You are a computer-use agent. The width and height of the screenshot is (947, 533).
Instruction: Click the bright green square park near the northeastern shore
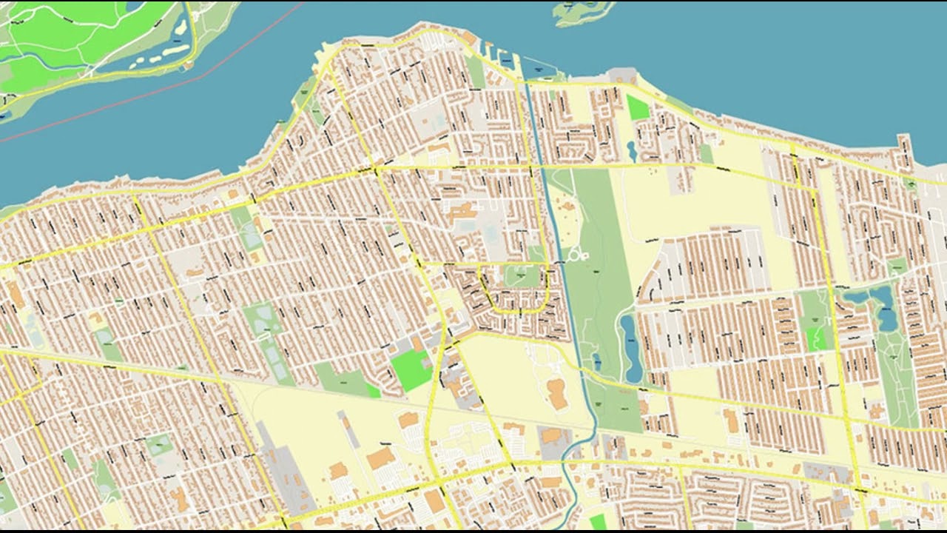(637, 107)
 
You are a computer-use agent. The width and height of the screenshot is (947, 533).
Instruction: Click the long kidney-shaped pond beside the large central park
(630, 348)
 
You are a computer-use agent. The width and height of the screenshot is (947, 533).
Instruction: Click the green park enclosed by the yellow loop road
(522, 277)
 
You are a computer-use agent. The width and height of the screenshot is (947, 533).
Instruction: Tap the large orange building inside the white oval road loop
(557, 393)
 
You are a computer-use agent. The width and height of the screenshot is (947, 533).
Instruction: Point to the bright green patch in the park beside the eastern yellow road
(818, 338)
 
